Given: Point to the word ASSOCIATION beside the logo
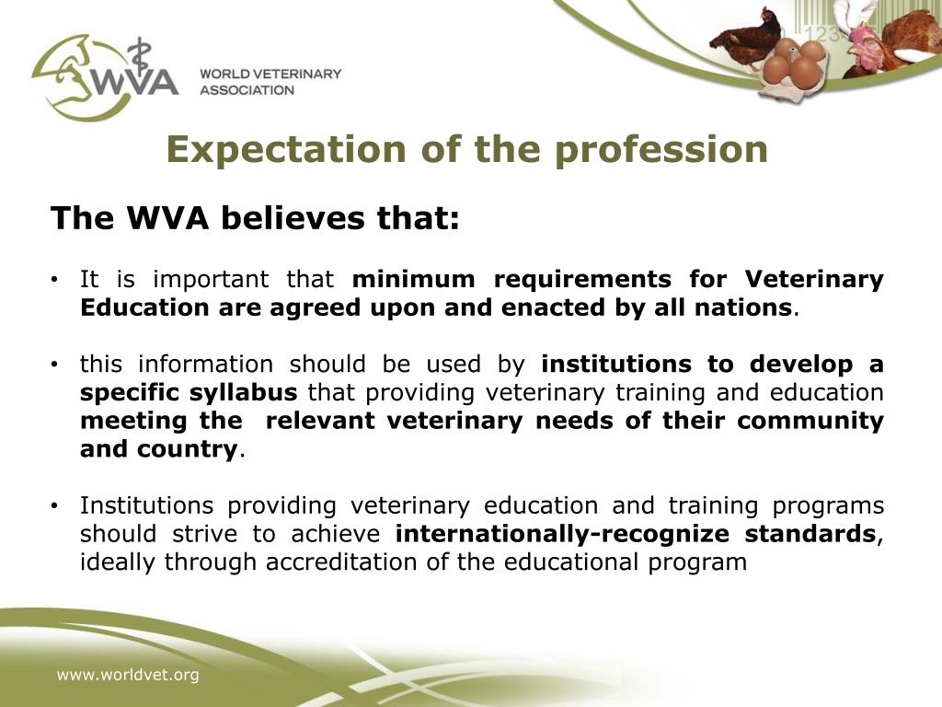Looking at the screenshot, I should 247,90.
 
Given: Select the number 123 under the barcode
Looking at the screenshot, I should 821,34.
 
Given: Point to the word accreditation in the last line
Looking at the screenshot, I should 357,562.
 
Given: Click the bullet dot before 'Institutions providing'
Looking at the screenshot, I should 56,506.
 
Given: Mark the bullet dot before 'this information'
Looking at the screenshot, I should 56,365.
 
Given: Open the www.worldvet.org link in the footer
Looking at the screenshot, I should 128,676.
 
